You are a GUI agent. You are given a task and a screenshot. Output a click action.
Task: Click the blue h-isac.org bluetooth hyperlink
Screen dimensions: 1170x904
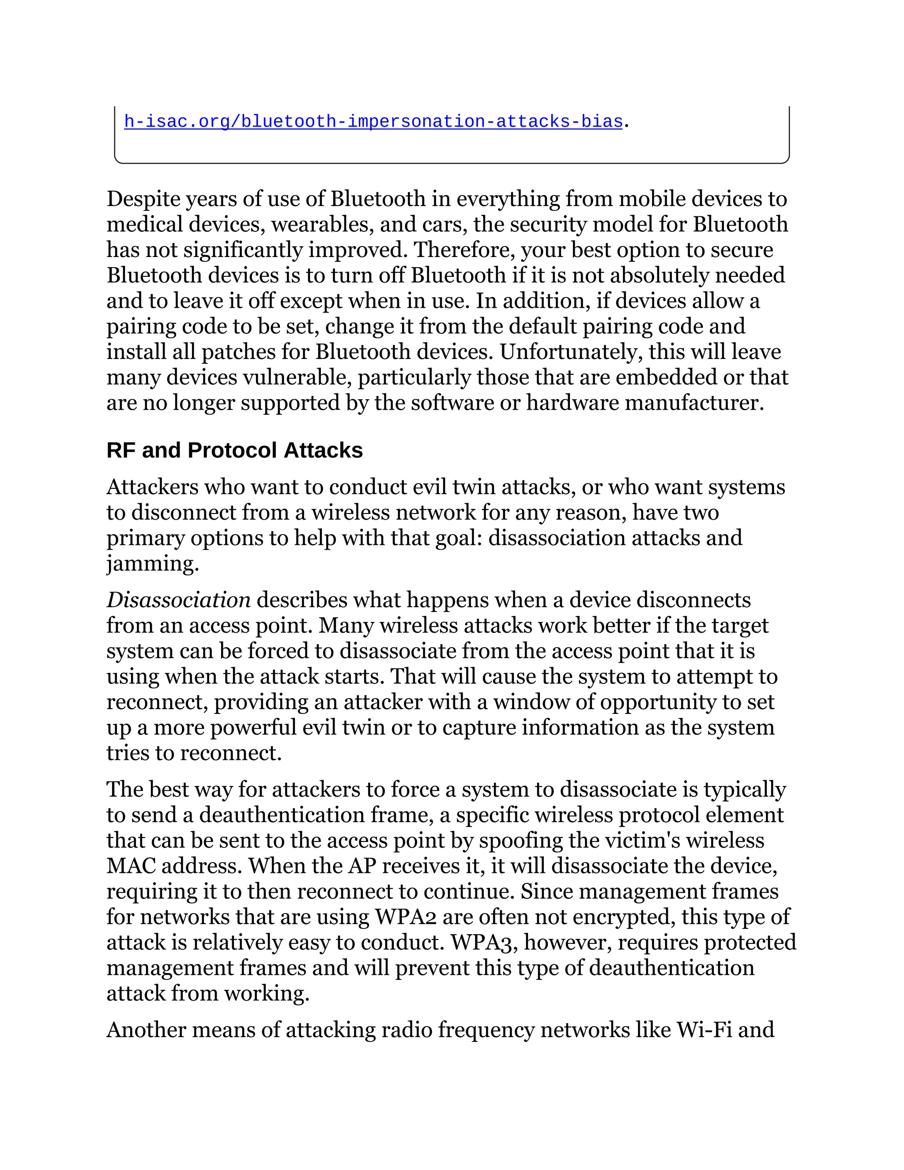[373, 121]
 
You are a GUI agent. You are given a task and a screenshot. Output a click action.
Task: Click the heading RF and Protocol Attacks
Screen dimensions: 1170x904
[234, 450]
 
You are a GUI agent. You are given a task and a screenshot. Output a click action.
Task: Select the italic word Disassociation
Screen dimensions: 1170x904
[178, 600]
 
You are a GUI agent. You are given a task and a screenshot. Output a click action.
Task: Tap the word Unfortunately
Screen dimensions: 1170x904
[570, 352]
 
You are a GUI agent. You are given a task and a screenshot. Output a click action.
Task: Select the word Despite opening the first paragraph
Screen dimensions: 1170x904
[143, 199]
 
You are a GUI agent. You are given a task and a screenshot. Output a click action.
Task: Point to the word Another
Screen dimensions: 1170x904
[146, 1030]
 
